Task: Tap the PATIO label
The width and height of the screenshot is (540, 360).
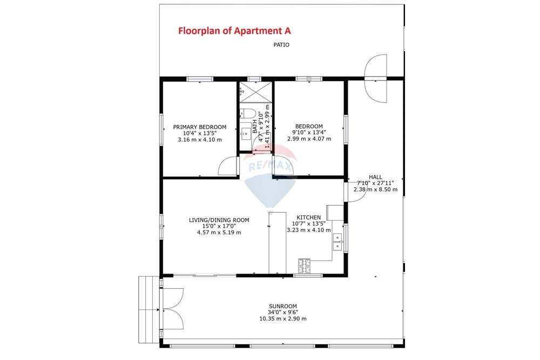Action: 281,45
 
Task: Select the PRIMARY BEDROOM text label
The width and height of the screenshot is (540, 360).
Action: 199,127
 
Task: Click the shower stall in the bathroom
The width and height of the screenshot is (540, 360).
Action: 255,91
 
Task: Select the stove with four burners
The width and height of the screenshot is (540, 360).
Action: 305,266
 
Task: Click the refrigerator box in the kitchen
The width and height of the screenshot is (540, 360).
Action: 334,212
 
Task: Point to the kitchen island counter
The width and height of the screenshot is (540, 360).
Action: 277,242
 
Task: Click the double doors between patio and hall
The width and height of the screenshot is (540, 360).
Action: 376,78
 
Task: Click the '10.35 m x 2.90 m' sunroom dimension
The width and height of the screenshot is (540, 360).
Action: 283,318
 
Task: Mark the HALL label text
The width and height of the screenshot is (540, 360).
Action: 375,177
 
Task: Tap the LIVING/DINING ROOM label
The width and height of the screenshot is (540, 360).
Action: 219,220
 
